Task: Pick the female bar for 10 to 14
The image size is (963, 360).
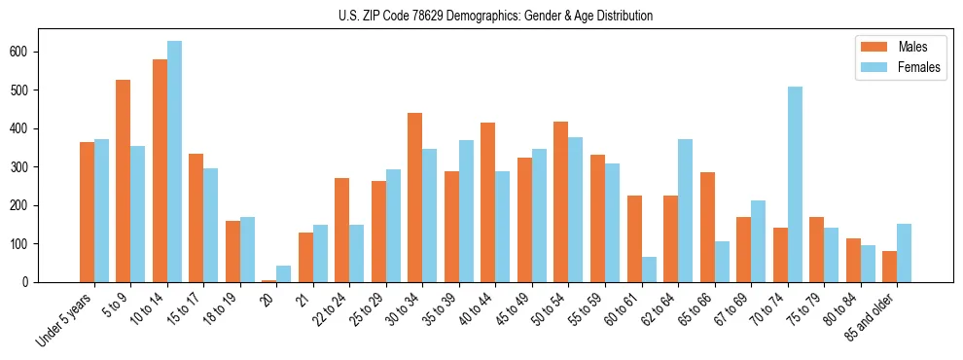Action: coord(174,162)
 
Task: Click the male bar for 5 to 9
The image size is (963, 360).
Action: coord(124,181)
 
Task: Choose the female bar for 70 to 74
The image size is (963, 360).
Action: coord(795,185)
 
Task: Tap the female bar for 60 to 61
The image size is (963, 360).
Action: coord(649,270)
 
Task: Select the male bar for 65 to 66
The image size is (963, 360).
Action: coord(707,227)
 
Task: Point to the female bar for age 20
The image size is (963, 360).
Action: coord(284,273)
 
